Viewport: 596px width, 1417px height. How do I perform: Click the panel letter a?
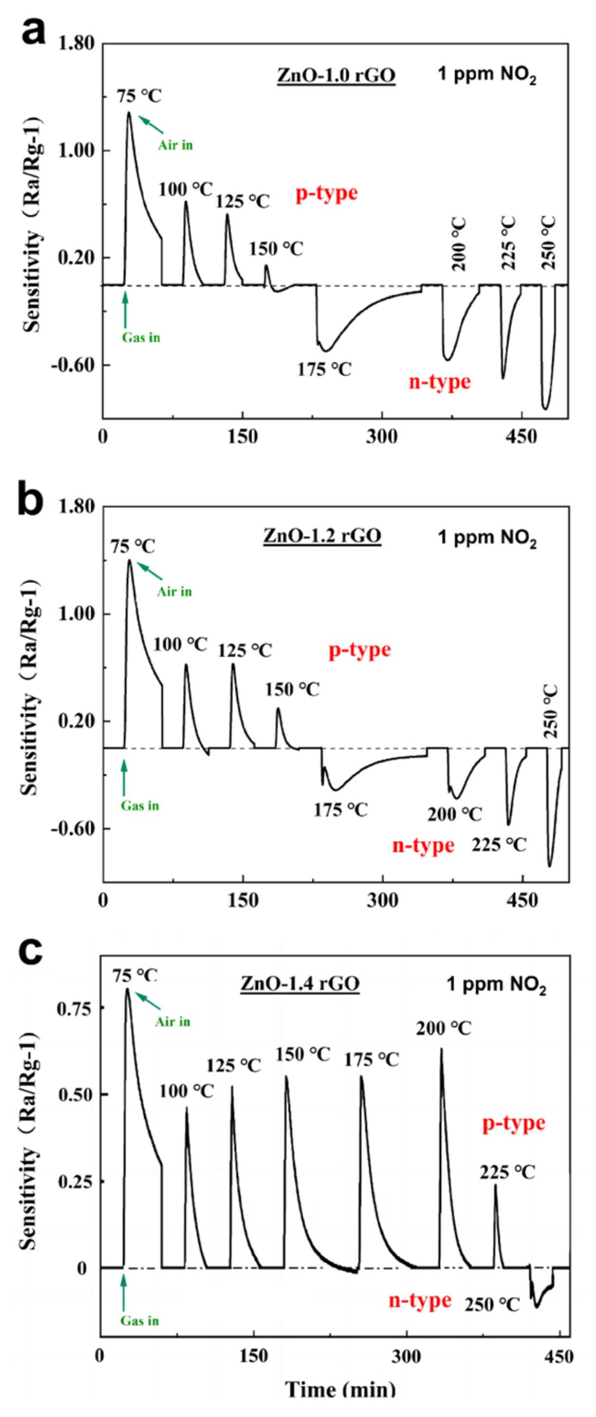[x=33, y=32]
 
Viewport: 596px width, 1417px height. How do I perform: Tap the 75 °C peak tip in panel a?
[x=129, y=113]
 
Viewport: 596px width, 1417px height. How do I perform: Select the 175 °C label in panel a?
[x=324, y=370]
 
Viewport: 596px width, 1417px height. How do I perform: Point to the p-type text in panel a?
[x=327, y=194]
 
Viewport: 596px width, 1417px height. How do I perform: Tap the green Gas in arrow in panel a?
[x=126, y=310]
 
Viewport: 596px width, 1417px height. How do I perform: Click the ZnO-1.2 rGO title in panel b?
[x=322, y=535]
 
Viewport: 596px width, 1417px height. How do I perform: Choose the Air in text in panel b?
[x=174, y=592]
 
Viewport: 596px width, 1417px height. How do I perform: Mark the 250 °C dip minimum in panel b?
[x=549, y=866]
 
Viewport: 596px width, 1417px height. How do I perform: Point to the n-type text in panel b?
[x=423, y=845]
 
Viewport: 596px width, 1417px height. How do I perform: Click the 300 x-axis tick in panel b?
[x=382, y=901]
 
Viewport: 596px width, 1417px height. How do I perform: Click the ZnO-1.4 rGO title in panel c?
[x=300, y=983]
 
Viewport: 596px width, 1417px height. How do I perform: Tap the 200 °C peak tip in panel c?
[x=441, y=1049]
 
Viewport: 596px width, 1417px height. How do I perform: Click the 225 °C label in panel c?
[x=507, y=1173]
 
